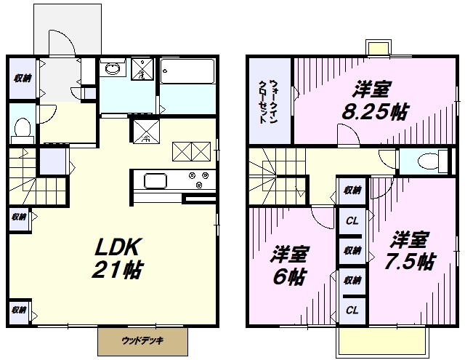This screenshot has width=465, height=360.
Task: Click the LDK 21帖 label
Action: coord(118,258)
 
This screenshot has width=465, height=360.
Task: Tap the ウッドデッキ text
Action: coord(142,340)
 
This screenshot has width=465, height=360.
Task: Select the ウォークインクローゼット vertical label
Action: coord(268,102)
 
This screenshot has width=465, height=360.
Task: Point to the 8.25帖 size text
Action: coord(376,111)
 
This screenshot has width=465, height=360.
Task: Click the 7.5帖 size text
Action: coord(410,261)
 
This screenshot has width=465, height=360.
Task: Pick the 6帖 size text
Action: coord(289,276)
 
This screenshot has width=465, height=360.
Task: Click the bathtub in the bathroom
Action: coord(187,71)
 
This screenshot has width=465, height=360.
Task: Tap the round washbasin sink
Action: coord(113,69)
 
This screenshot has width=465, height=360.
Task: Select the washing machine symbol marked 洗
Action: coord(142,69)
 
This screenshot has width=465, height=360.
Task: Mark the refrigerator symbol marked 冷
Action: coord(146,131)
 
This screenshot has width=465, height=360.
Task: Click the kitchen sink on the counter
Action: coord(155,181)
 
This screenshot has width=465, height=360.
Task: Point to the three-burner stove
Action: coord(198,180)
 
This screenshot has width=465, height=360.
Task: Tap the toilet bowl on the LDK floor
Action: coord(23,127)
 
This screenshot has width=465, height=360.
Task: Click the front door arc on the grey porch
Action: coord(62,42)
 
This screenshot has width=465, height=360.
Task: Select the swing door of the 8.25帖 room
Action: coord(349,135)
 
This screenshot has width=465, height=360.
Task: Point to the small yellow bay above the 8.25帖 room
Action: coord(378,47)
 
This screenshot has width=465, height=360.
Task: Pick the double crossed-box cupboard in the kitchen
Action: coord(192,151)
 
